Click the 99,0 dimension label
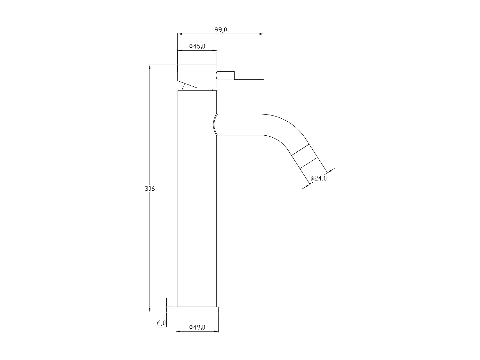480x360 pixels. (x=221, y=30)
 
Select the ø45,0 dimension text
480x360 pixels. (x=197, y=46)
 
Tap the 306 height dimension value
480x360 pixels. (x=150, y=189)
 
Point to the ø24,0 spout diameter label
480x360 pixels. (x=319, y=178)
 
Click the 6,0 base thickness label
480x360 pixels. (x=161, y=323)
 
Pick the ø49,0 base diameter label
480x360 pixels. (x=197, y=327)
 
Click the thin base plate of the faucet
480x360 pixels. (x=197, y=309)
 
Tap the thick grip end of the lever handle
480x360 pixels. (x=249, y=75)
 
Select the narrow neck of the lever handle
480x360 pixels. (x=226, y=75)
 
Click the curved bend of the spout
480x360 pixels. (x=282, y=128)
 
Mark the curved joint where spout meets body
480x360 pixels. (x=215, y=124)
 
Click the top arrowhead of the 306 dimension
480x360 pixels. (x=150, y=67)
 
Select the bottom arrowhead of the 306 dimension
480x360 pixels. (x=150, y=310)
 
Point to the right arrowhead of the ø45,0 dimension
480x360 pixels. (x=215, y=50)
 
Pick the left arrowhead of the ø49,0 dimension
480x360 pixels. (x=178, y=331)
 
